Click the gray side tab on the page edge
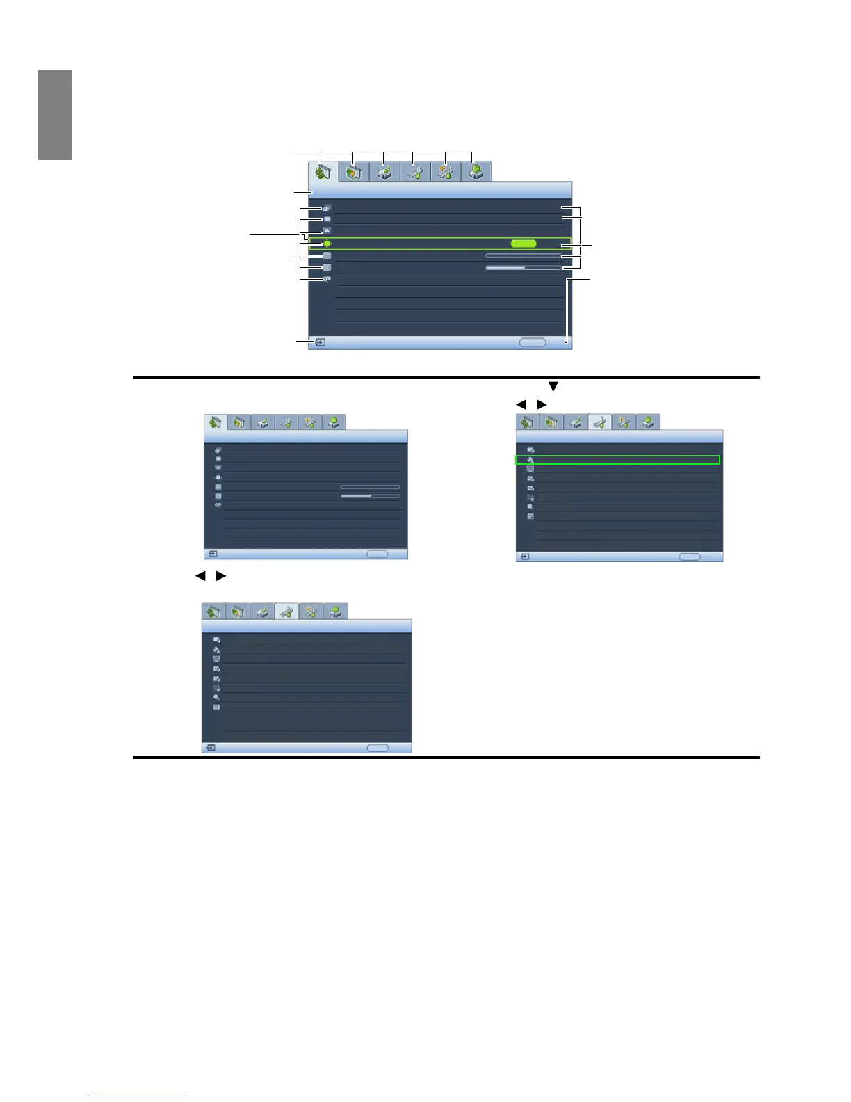pyautogui.click(x=56, y=115)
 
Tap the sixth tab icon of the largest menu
pyautogui.click(x=476, y=172)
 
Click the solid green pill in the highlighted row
pyautogui.click(x=524, y=243)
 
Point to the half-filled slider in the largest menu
pyautogui.click(x=523, y=267)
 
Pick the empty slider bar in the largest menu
pyautogui.click(x=523, y=256)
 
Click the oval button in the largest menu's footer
pyautogui.click(x=533, y=342)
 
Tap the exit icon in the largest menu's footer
pyautogui.click(x=321, y=342)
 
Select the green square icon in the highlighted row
pyautogui.click(x=326, y=243)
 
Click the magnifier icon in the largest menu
pyautogui.click(x=326, y=279)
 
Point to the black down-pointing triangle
pyautogui.click(x=553, y=386)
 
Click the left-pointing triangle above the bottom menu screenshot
pyautogui.click(x=200, y=576)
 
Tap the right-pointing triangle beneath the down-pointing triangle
pyautogui.click(x=542, y=405)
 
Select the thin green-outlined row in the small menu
pyautogui.click(x=617, y=460)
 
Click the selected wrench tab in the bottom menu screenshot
pyautogui.click(x=286, y=612)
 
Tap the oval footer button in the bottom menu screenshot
pyautogui.click(x=378, y=748)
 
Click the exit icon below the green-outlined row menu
pyautogui.click(x=525, y=557)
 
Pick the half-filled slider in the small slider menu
pyautogui.click(x=370, y=496)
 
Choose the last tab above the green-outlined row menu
pyautogui.click(x=648, y=422)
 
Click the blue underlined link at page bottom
pyautogui.click(x=138, y=1096)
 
